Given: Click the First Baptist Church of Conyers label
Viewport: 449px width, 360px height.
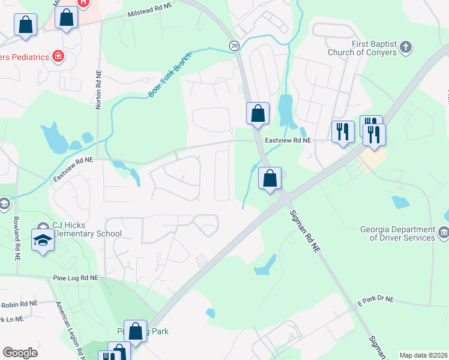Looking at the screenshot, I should [362, 48].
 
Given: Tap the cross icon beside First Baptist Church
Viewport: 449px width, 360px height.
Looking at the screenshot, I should [406, 47].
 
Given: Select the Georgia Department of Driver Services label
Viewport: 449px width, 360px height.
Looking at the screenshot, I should [398, 233].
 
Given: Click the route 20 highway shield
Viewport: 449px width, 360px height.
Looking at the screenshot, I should [234, 46].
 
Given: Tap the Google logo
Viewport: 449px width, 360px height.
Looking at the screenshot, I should [20, 353].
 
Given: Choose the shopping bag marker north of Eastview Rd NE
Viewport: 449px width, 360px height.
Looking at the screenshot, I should [258, 113].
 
